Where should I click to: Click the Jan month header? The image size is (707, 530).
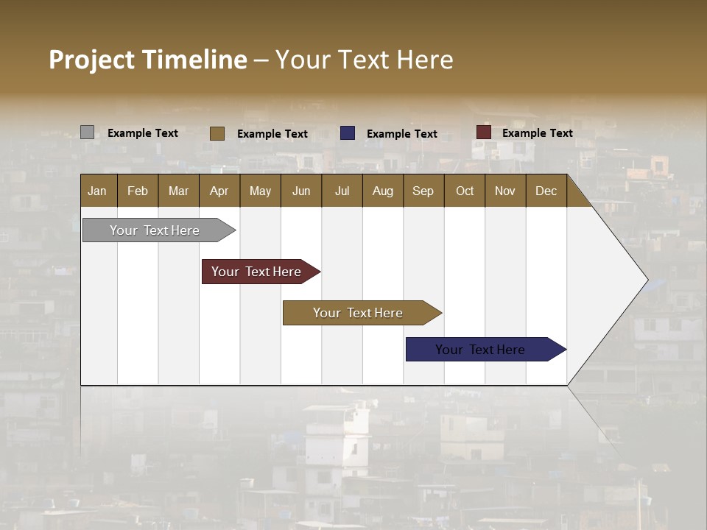click(x=98, y=191)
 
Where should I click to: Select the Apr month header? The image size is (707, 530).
click(x=219, y=191)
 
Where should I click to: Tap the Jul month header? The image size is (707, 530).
click(x=342, y=191)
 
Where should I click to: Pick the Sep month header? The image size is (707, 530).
click(x=423, y=191)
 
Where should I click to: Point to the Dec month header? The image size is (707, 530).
click(x=546, y=191)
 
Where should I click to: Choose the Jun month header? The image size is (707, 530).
click(x=301, y=191)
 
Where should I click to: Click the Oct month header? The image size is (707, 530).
click(x=465, y=191)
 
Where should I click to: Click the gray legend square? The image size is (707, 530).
click(x=87, y=132)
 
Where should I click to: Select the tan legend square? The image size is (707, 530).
click(x=217, y=133)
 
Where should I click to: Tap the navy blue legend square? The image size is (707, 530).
click(x=348, y=133)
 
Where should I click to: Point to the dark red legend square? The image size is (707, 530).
click(x=484, y=132)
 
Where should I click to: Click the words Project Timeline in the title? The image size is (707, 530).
click(x=148, y=60)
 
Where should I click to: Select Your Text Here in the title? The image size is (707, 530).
click(x=365, y=60)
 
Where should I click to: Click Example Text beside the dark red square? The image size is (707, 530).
click(x=537, y=133)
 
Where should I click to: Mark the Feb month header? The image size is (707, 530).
click(x=138, y=191)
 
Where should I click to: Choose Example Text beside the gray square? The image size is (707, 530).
click(x=143, y=133)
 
